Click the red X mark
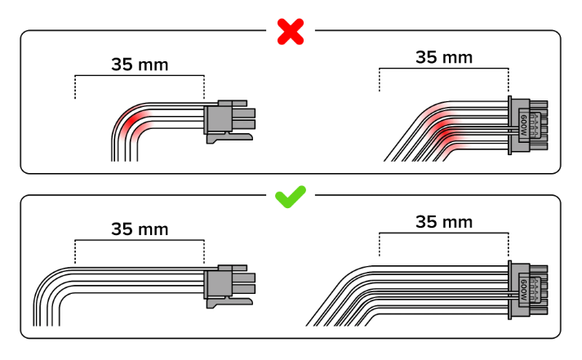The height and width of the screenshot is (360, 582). click(x=291, y=32)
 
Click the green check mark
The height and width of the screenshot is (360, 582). click(x=291, y=197)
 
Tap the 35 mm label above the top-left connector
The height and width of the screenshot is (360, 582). click(x=140, y=64)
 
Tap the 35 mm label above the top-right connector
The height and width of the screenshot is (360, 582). click(x=444, y=57)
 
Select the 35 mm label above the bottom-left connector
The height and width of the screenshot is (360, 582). click(x=140, y=229)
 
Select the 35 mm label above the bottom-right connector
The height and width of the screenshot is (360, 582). click(x=444, y=222)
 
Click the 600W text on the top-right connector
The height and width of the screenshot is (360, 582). click(x=524, y=125)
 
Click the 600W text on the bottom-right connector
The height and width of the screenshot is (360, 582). click(x=524, y=290)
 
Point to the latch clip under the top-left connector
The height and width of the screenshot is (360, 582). click(x=229, y=138)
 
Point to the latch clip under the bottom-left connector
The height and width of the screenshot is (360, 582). click(x=229, y=303)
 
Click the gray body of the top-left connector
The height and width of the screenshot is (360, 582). click(x=218, y=119)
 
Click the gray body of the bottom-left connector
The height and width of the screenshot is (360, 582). click(x=218, y=284)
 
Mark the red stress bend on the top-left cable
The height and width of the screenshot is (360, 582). click(x=133, y=122)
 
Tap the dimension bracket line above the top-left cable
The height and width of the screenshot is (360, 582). click(x=140, y=76)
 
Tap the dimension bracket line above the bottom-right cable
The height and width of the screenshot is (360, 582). click(x=444, y=233)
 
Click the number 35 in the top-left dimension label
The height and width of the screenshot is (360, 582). click(x=123, y=64)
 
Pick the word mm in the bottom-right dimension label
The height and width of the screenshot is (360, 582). click(x=458, y=223)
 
